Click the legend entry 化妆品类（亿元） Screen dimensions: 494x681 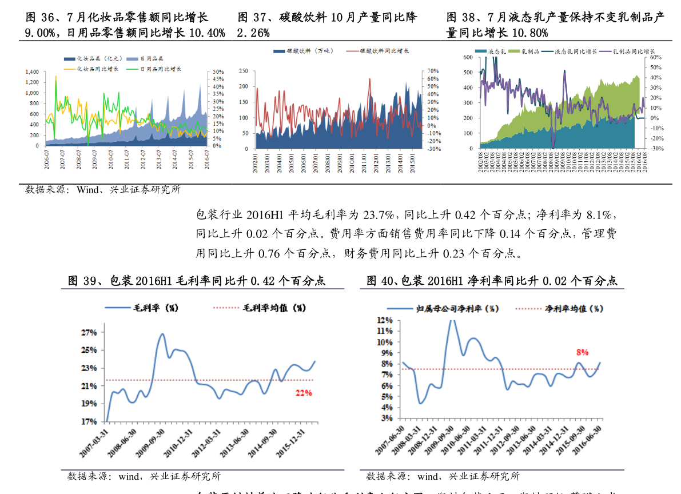[98, 59]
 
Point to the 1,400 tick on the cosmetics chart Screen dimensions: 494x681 [32, 72]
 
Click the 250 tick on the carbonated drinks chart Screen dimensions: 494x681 [244, 71]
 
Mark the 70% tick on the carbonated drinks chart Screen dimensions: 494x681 [433, 71]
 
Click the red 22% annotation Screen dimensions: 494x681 [303, 393]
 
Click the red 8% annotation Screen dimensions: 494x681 [582, 353]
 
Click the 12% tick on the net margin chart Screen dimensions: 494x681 [384, 320]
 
